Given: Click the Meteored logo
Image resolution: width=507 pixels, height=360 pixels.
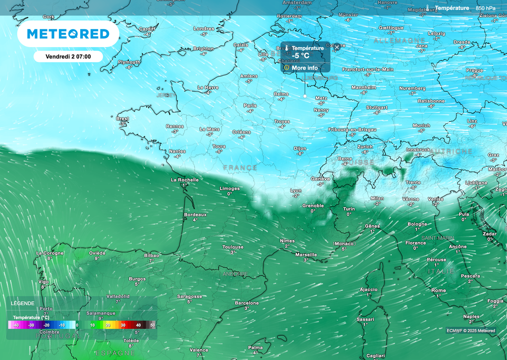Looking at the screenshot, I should click(x=68, y=34).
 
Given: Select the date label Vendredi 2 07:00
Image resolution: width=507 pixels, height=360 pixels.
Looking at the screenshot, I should click(x=68, y=56).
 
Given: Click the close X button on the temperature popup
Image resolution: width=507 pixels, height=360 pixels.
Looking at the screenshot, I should click(x=337, y=47).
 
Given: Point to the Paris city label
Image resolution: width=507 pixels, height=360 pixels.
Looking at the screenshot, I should click(x=250, y=105).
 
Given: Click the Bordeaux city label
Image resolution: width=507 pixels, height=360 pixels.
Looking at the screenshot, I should click(x=195, y=214).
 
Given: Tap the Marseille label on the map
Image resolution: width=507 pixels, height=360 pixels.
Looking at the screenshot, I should click(x=306, y=255).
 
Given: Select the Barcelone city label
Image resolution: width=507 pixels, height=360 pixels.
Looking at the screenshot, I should click(x=247, y=303).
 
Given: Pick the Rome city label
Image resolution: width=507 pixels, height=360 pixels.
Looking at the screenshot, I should click(x=439, y=290).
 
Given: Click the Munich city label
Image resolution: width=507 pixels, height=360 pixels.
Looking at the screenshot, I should click(x=421, y=125).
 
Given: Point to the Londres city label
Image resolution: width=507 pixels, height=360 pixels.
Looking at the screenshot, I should click(x=203, y=29).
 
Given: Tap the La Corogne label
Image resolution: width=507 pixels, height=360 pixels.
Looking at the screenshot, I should click(x=50, y=253).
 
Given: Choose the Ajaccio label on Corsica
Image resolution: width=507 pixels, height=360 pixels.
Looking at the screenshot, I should click(x=368, y=289).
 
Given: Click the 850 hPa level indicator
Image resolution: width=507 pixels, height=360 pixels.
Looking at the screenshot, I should click(x=485, y=8).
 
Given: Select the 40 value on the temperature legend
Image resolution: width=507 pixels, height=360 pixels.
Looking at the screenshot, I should click(x=138, y=325).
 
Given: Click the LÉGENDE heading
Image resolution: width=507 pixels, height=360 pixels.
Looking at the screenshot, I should click(x=23, y=303).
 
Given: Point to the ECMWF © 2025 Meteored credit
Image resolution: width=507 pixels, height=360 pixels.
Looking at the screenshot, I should click(x=470, y=330).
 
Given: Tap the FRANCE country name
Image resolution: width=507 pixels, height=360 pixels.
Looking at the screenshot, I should click(x=240, y=168).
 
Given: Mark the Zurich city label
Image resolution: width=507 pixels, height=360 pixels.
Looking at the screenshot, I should click(x=365, y=147).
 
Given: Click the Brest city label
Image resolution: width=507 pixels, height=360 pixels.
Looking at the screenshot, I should click(x=122, y=119).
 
